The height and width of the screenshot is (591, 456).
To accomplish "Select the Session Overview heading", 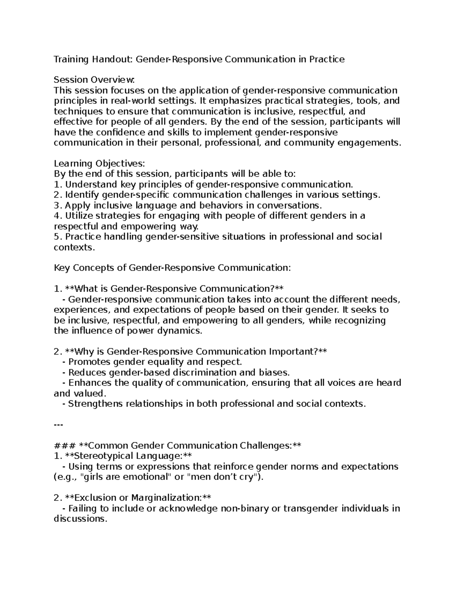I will pos(94,80).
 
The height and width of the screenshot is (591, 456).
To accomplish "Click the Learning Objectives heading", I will pos(99,164).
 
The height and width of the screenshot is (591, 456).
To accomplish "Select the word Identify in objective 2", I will pos(82,195).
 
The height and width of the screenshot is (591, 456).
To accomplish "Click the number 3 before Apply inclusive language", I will pos(57,205).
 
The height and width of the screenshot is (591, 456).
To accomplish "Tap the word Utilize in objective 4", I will pos(79,216).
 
